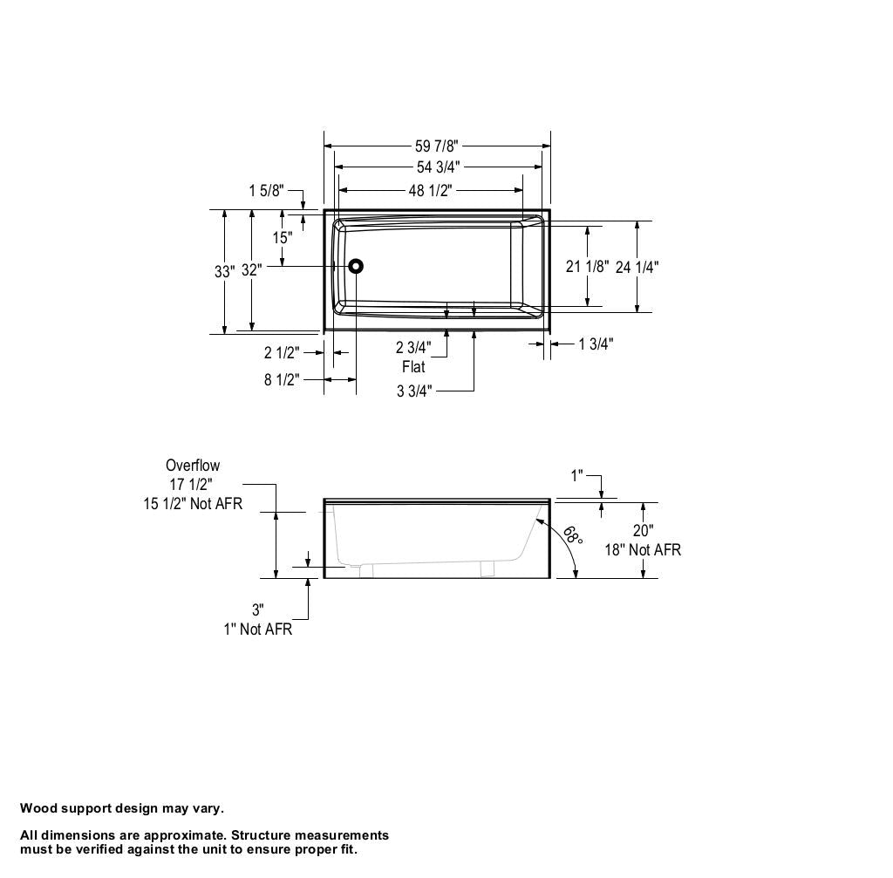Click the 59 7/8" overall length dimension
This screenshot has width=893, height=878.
click(436, 146)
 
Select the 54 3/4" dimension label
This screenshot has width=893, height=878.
click(438, 167)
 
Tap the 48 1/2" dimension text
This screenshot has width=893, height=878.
click(430, 190)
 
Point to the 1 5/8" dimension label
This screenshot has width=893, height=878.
click(266, 191)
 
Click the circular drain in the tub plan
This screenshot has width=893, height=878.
click(356, 266)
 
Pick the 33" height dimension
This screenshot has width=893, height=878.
click(224, 272)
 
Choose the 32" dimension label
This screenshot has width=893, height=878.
click(251, 270)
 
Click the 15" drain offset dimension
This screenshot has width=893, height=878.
click(282, 237)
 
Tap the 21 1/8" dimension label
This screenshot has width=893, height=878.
click(587, 266)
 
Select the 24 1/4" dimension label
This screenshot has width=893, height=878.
click(637, 267)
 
